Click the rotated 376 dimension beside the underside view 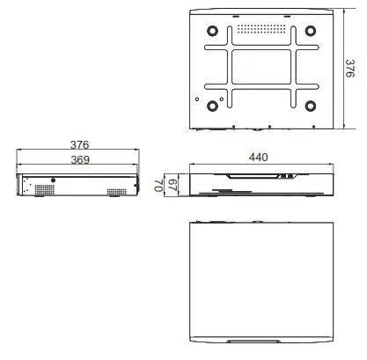350,69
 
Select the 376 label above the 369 78,145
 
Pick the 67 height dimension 173,184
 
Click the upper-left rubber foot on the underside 212,28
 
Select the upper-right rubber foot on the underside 311,28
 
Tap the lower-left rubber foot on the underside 212,107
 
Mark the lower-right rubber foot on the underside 311,107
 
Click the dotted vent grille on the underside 261,28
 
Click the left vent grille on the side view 39,191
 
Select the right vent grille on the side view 116,191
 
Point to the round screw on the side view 54,180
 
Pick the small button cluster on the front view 285,176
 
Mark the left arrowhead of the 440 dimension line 194,165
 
